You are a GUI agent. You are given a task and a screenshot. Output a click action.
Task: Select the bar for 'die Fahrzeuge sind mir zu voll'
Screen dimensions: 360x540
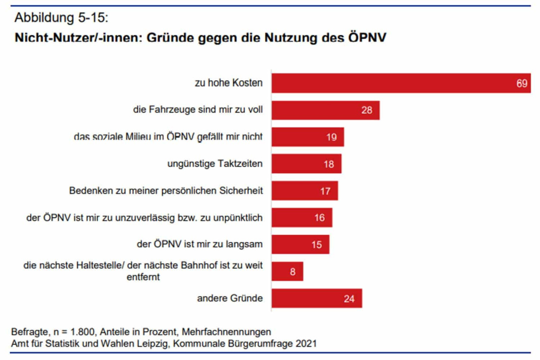325,110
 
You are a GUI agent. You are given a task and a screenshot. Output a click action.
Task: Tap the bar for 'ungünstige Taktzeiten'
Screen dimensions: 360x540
306,164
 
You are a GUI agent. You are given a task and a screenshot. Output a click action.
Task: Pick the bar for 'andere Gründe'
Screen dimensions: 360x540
316,298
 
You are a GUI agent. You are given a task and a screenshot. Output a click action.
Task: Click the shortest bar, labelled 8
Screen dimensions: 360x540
287,272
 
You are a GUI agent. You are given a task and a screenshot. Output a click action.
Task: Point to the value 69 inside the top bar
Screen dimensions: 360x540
521,83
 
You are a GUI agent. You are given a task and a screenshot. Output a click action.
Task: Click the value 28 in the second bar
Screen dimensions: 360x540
366,110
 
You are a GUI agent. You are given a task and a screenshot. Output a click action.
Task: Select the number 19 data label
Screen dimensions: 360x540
331,137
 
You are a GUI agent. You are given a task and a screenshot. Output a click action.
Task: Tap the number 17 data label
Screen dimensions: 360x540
325,191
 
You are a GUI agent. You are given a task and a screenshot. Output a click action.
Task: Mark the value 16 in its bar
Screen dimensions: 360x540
319,218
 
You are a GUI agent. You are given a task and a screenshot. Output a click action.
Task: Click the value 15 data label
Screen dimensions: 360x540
316,245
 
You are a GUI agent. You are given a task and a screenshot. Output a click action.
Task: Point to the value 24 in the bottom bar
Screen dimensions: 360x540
349,298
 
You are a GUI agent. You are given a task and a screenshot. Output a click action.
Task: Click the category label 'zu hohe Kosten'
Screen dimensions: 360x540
229,83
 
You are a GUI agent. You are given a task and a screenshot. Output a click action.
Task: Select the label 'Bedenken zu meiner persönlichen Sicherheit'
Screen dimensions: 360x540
166,191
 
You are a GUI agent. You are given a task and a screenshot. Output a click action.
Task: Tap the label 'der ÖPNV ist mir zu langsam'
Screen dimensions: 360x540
200,245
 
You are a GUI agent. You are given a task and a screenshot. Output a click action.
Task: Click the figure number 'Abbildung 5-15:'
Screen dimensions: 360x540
61,18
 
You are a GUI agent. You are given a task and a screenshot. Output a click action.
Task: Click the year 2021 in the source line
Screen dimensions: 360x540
307,343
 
